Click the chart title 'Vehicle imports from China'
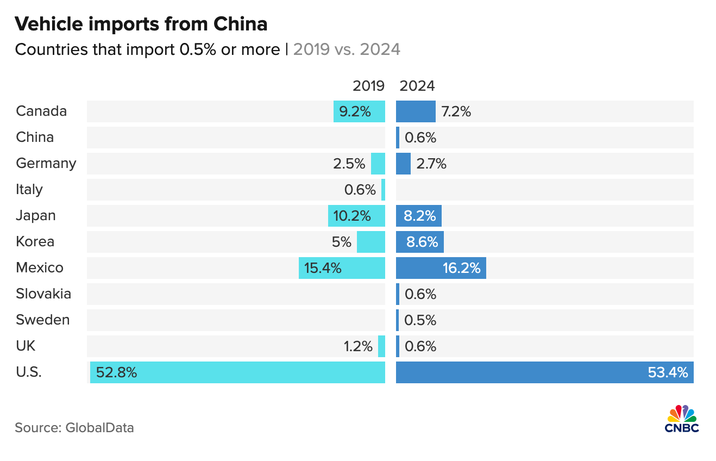click(x=141, y=24)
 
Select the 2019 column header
click(x=368, y=86)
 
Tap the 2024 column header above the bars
click(x=417, y=86)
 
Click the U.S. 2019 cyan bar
click(x=237, y=372)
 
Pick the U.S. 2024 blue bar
click(x=544, y=372)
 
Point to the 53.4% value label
click(x=668, y=372)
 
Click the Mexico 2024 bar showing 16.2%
click(x=441, y=268)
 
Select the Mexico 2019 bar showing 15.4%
click(x=342, y=268)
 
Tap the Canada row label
click(x=41, y=111)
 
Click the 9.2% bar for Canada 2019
click(x=359, y=111)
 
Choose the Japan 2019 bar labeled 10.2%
click(x=356, y=216)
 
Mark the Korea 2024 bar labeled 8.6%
click(x=419, y=242)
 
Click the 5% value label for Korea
click(x=342, y=242)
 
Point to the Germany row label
click(x=46, y=164)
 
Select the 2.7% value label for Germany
click(x=431, y=164)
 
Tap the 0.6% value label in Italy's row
click(x=360, y=190)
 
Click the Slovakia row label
click(x=43, y=294)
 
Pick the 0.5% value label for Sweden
click(x=420, y=320)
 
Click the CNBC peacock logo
click(x=682, y=419)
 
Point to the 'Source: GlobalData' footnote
click(x=74, y=428)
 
